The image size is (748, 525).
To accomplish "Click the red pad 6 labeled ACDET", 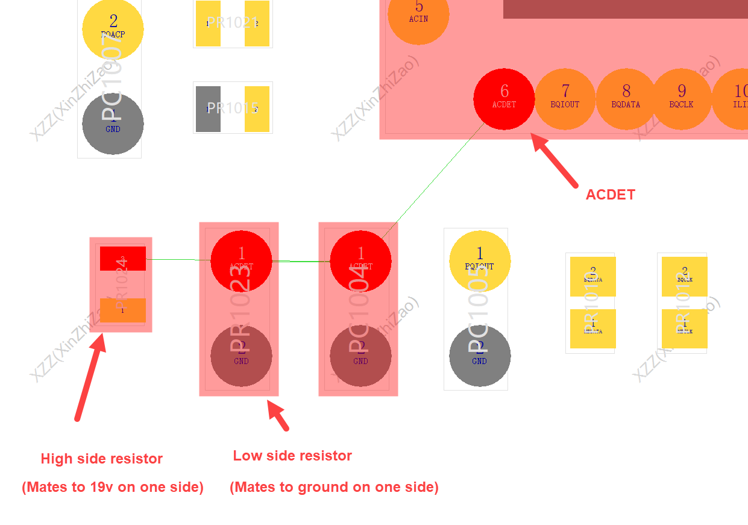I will [504, 99].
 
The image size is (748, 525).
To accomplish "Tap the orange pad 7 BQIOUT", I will [565, 99].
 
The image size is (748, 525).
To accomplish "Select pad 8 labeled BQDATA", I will [626, 99].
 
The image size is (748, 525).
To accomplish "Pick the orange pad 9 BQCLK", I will [681, 99].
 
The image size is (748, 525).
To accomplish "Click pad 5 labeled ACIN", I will [418, 14].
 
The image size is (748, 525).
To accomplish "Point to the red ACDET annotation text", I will [610, 195].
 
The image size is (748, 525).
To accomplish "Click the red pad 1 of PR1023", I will [241, 261].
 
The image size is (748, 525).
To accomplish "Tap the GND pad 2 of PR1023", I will [241, 356].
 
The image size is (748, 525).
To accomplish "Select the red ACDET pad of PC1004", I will [360, 261].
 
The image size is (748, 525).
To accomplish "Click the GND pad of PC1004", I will [360, 356].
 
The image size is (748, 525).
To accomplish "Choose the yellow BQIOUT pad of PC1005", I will [480, 261].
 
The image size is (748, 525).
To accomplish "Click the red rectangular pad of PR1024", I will [122, 259].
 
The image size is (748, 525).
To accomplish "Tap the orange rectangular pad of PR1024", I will [122, 310].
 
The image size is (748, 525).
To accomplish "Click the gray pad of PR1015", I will [208, 108].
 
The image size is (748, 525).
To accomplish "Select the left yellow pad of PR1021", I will [208, 24].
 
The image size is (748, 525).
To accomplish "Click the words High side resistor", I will [101, 459].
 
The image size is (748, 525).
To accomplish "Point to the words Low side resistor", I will [292, 456].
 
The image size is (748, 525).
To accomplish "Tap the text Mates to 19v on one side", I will [113, 487].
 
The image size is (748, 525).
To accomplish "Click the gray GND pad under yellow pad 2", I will [113, 123].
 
